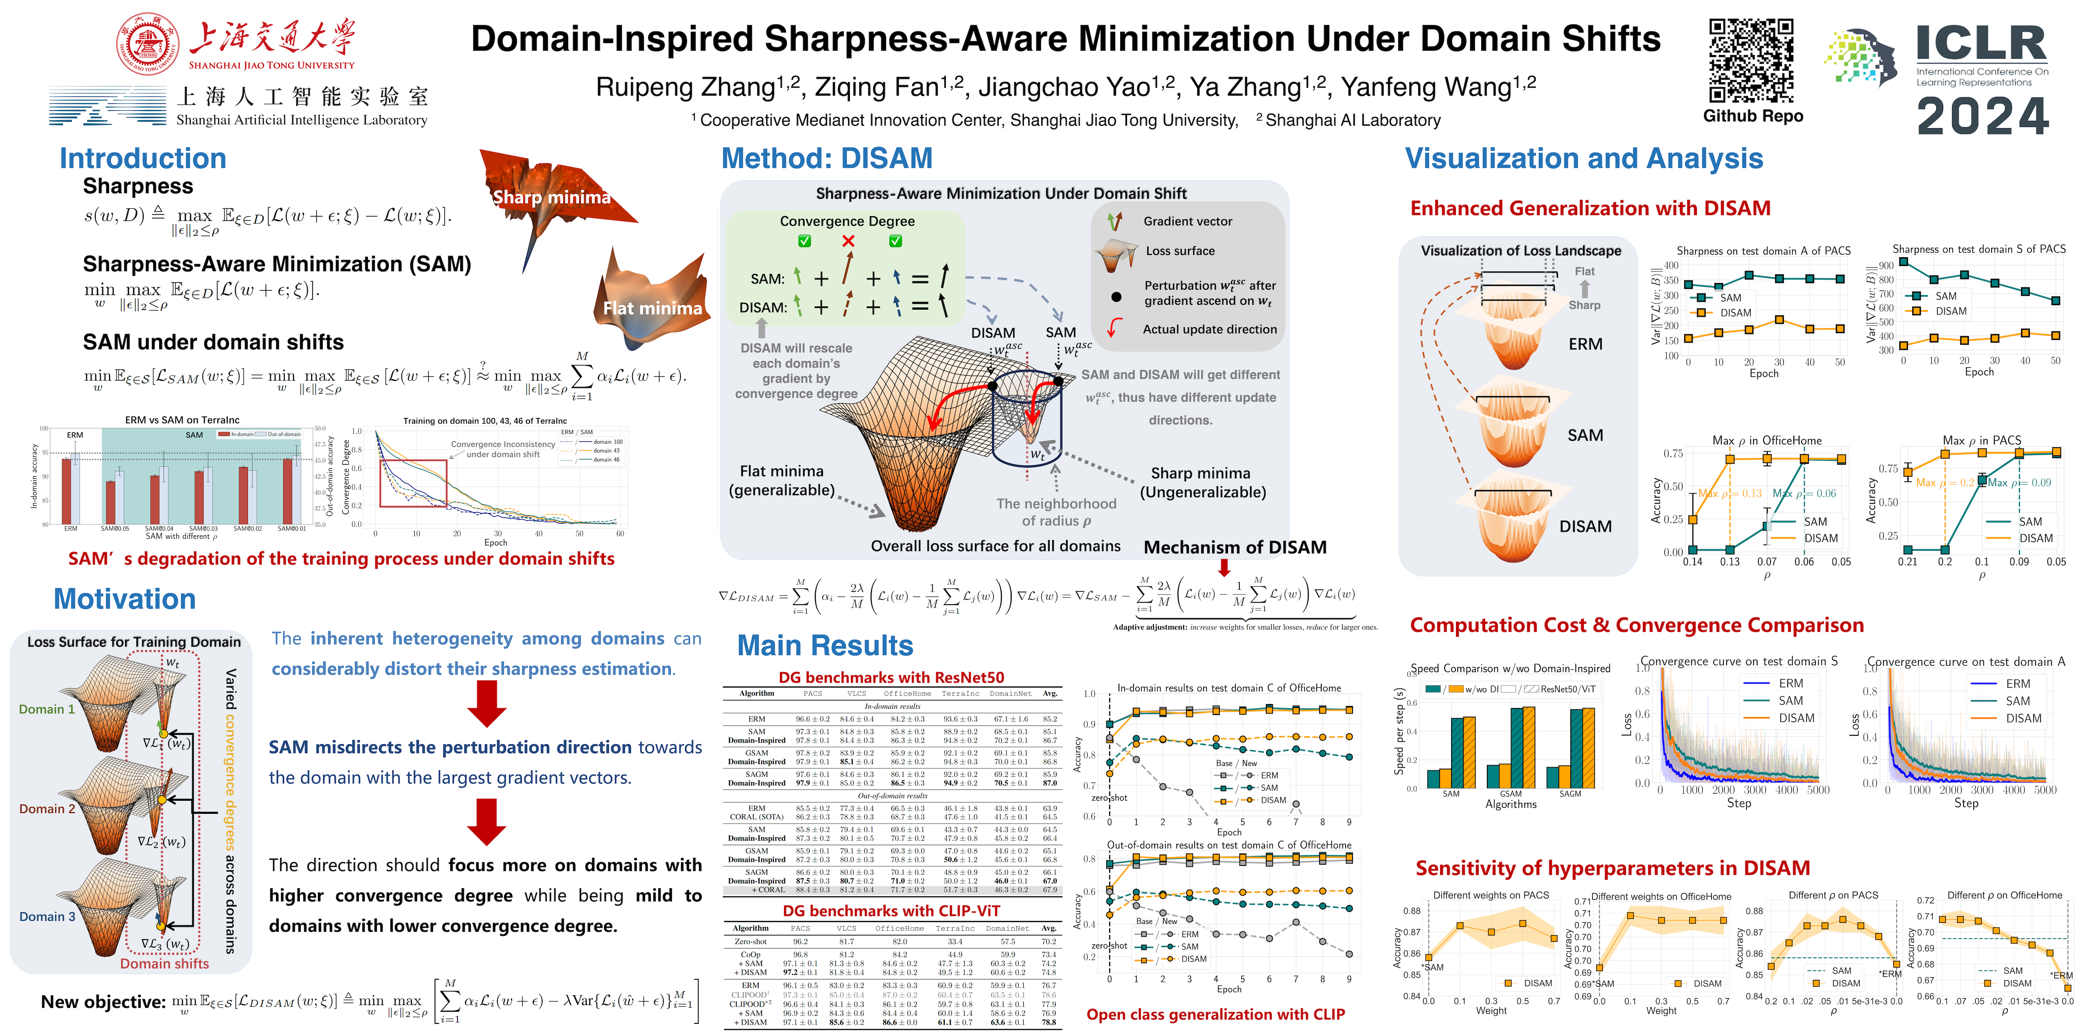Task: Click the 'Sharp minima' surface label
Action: tap(552, 197)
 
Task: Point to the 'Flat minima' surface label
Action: tap(652, 308)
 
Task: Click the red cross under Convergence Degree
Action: tap(848, 241)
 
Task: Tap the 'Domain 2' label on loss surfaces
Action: tap(47, 809)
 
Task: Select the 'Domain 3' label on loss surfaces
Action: tap(47, 916)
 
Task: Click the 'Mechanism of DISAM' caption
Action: tap(1235, 548)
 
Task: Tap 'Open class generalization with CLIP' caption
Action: tap(1215, 1014)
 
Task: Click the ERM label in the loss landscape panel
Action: tap(1585, 344)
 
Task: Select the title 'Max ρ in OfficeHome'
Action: tap(1766, 440)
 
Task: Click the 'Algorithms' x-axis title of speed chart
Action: tap(1510, 804)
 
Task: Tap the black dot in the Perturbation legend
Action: tap(1116, 297)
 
